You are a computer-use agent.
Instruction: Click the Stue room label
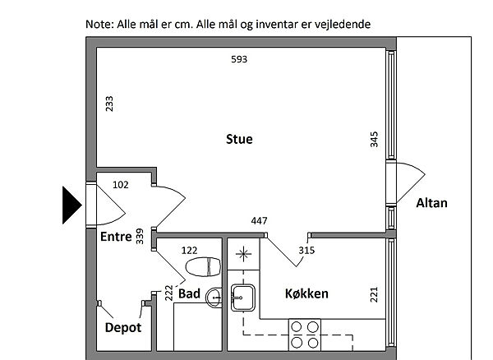pos(239,139)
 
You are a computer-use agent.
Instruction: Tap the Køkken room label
pos(306,293)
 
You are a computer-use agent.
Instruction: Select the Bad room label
pos(189,293)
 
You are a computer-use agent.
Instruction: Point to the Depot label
pos(123,328)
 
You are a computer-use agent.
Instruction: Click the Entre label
pos(116,237)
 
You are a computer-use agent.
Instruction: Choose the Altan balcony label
pos(431,203)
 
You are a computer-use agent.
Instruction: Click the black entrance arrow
pos(71,205)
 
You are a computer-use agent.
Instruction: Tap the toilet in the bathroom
pos(204,267)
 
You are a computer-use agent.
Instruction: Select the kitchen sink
pos(243,298)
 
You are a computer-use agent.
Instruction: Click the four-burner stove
pos(305,335)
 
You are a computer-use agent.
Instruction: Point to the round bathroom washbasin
pos(214,298)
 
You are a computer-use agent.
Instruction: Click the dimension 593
pos(239,59)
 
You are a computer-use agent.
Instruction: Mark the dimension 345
pos(374,139)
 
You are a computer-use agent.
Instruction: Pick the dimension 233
pos(109,104)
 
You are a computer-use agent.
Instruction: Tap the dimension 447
pos(259,221)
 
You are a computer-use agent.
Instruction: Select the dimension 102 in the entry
pos(121,185)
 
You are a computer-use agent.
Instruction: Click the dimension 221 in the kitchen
pos(374,295)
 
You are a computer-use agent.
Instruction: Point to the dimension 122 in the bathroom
pos(189,251)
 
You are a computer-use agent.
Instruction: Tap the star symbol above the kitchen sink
pos(243,254)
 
